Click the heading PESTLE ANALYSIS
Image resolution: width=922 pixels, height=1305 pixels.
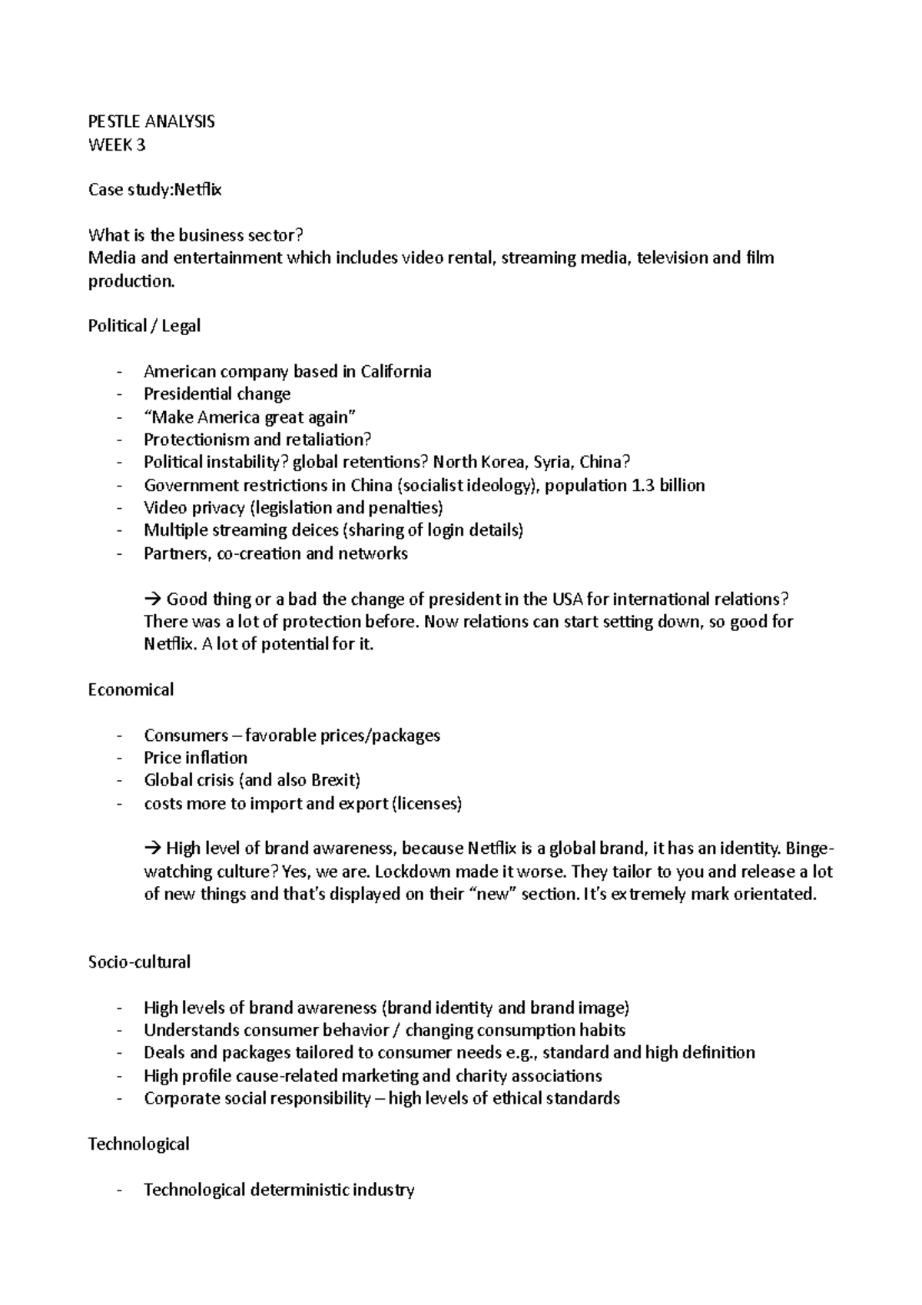151,121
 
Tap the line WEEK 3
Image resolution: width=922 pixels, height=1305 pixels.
117,144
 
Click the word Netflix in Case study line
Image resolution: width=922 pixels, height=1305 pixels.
197,190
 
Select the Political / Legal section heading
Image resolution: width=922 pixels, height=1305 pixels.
144,326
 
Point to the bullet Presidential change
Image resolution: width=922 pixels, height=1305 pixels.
217,394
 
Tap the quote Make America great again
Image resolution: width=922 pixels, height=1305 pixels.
250,417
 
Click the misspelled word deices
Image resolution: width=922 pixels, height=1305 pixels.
317,531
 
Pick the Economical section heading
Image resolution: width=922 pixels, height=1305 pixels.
131,689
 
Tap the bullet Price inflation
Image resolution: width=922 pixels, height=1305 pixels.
195,758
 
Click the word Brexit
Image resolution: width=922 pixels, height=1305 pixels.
333,781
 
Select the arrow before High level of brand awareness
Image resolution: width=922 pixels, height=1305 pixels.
151,849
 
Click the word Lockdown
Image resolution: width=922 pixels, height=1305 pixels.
420,872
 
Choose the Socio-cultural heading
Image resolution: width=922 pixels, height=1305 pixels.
139,962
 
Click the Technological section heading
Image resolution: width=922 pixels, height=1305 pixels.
138,1144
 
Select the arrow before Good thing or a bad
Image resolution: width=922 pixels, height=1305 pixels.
151,599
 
